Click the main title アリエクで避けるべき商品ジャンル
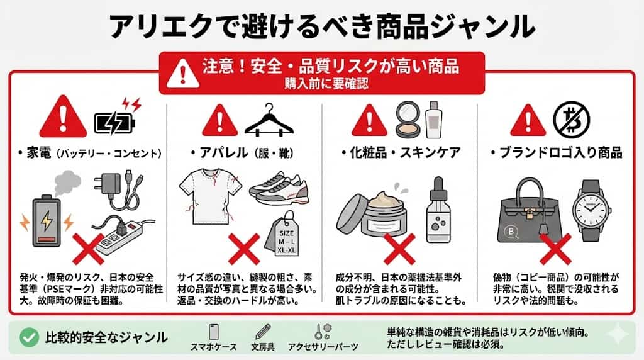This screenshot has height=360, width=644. pos(322,27)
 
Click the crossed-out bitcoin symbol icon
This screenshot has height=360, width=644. pos(567,118)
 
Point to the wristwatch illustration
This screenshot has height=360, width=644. pos(590,210)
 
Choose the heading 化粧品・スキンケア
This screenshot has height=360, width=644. pos(401,153)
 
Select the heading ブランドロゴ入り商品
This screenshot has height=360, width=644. pos(558,153)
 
